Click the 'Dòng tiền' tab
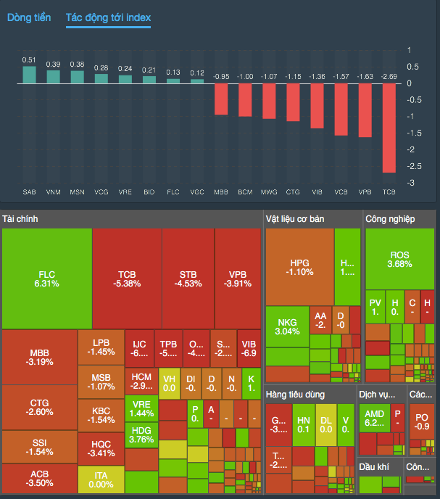pyautogui.click(x=29, y=17)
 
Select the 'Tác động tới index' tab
pyautogui.click(x=108, y=17)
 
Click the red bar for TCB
pyautogui.click(x=389, y=128)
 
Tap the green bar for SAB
pyautogui.click(x=29, y=75)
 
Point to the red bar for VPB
pyautogui.click(x=365, y=110)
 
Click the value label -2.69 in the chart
pyautogui.click(x=389, y=76)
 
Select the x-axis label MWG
pyautogui.click(x=269, y=192)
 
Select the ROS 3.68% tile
pyautogui.click(x=400, y=259)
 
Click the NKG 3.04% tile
pyautogui.click(x=287, y=326)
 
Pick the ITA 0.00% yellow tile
pyautogui.click(x=101, y=479)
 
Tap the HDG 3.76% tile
pyautogui.click(x=141, y=434)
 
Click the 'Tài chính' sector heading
pyautogui.click(x=20, y=219)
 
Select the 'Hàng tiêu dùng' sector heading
pyautogui.click(x=294, y=395)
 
